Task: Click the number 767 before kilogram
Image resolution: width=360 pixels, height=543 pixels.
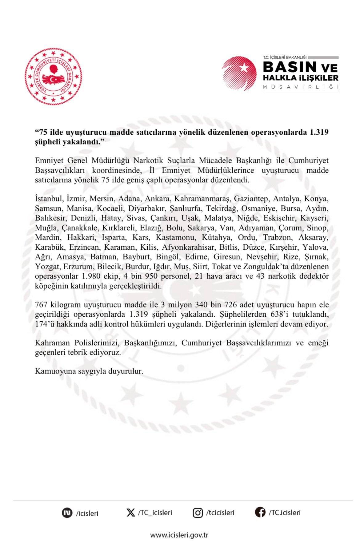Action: point(41,305)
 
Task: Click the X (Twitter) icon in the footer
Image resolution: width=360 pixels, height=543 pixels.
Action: point(130,513)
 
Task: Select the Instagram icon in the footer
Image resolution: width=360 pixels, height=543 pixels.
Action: point(197,513)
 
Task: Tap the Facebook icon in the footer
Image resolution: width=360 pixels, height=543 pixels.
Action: point(260,512)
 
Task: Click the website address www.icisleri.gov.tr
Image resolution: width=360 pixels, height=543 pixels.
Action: point(179,535)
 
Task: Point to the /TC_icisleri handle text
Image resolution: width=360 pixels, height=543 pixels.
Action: point(155,513)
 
